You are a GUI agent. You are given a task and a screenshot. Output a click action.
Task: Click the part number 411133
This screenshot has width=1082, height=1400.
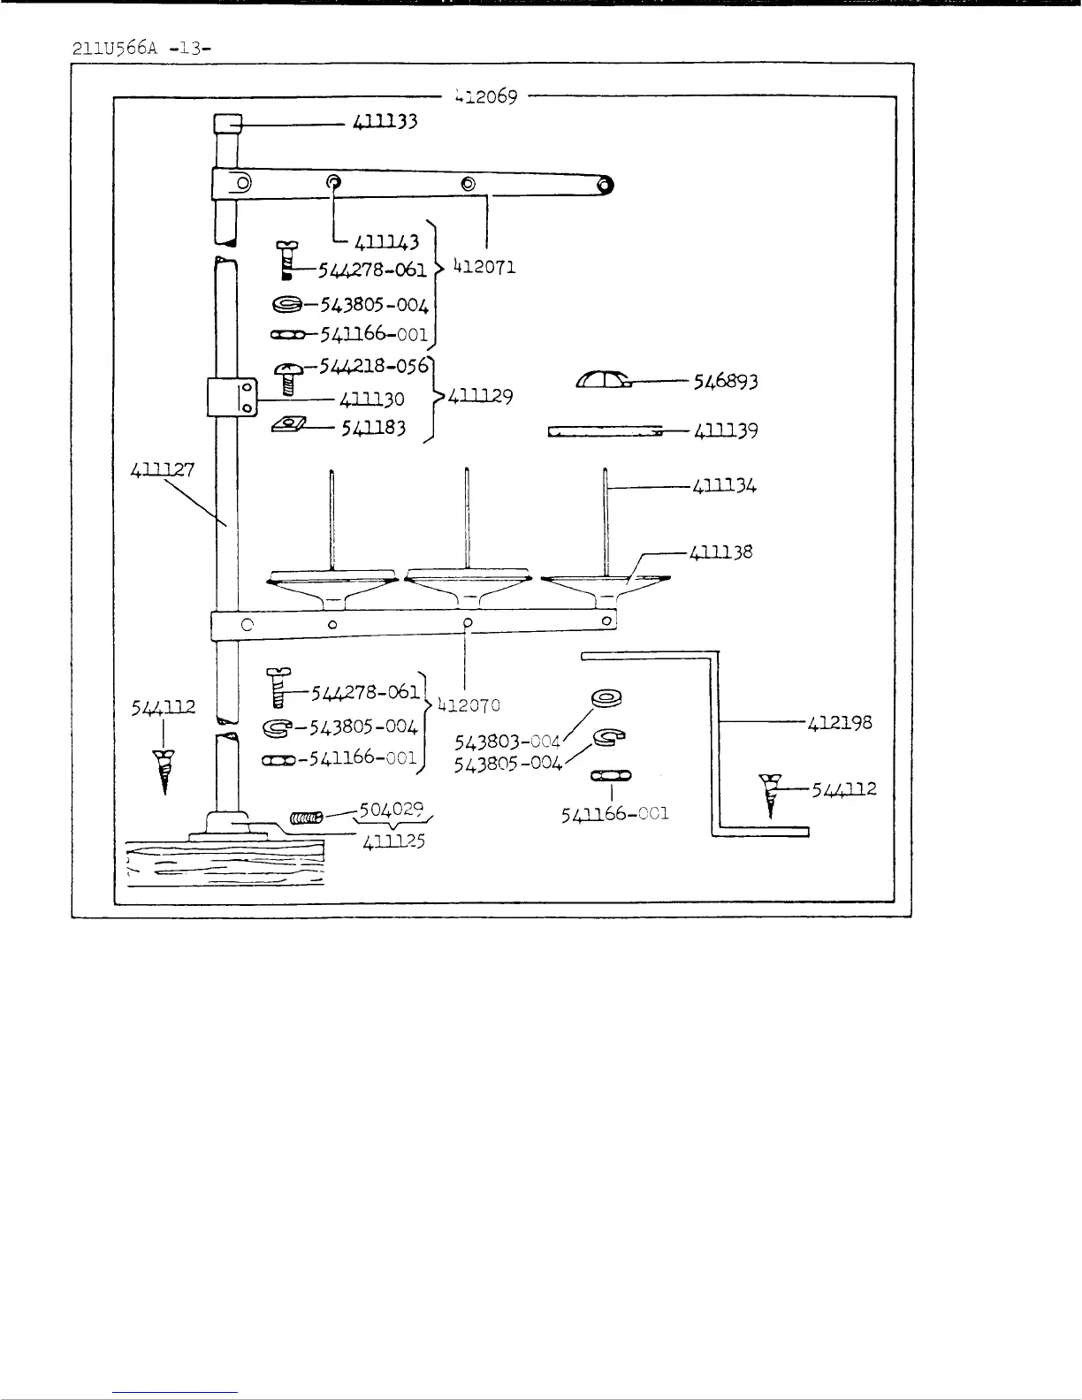385,122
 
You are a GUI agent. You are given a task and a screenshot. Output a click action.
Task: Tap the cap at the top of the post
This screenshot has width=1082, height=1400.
227,124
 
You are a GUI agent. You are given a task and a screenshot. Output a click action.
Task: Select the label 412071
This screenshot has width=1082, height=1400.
484,266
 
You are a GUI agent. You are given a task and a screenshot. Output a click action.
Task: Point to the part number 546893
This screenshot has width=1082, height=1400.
725,381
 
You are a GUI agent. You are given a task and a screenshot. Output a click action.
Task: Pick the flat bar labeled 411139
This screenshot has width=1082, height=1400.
605,432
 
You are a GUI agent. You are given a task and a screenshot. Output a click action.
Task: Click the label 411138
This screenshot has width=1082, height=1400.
721,552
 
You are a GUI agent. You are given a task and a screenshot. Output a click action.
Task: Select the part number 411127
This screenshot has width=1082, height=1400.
162,471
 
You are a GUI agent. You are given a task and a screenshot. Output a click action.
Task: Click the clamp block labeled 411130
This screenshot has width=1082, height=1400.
231,397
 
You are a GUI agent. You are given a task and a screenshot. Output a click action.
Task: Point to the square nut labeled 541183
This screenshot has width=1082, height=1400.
288,426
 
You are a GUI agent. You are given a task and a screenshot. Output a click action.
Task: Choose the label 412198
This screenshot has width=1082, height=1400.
840,722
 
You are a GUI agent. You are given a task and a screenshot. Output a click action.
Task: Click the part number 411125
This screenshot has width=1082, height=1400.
393,841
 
